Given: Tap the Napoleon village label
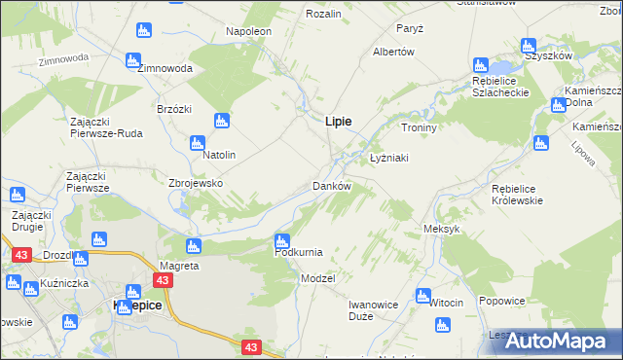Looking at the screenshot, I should (x=249, y=31).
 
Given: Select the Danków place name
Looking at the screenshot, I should (x=331, y=186).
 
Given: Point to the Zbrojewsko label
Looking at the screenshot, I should (x=197, y=183).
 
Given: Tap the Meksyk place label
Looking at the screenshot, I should (x=441, y=229).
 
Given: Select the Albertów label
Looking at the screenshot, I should (x=394, y=52).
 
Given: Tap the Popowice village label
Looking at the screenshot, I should (x=502, y=302).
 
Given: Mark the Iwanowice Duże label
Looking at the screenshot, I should (x=374, y=310).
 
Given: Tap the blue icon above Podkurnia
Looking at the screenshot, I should (x=282, y=239).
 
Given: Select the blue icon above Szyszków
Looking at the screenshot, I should (x=528, y=45).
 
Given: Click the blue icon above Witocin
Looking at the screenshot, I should (x=422, y=295).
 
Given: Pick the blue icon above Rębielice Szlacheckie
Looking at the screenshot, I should (x=479, y=65).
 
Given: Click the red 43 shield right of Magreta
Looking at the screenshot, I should (x=163, y=280).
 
